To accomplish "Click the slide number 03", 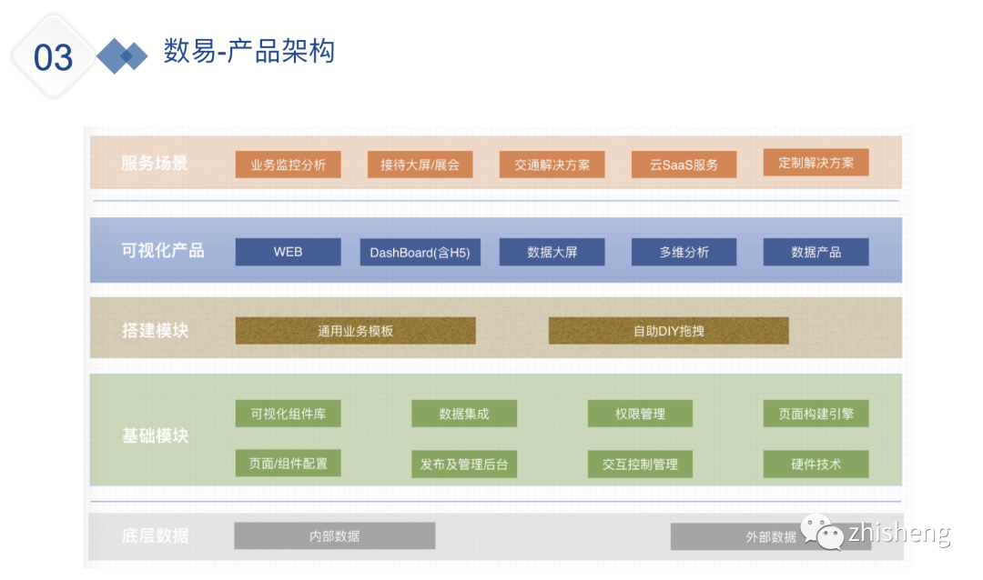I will pos(53,57).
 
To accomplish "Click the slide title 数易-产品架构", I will pos(248,51).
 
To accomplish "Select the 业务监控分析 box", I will pos(288,165).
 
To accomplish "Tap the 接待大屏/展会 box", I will pos(420,165).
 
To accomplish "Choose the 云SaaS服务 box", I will pos(684,165).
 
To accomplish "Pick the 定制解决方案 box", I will pos(816,163).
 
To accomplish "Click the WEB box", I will pos(288,252).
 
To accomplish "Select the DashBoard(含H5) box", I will pos(420,252).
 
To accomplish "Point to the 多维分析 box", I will pos(684,252).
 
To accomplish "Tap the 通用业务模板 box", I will pos(355,331).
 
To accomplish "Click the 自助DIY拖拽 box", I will pos(668,331).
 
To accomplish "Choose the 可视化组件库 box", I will pos(288,414).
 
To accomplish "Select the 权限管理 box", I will pos(640,414).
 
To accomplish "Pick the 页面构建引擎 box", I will pos(816,414).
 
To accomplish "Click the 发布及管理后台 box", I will pos(463,465).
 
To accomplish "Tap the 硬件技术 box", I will pos(816,465).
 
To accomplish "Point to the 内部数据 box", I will pos(334,535).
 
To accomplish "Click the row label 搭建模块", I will pos(155,330).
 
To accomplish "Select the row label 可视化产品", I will pos(163,251).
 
